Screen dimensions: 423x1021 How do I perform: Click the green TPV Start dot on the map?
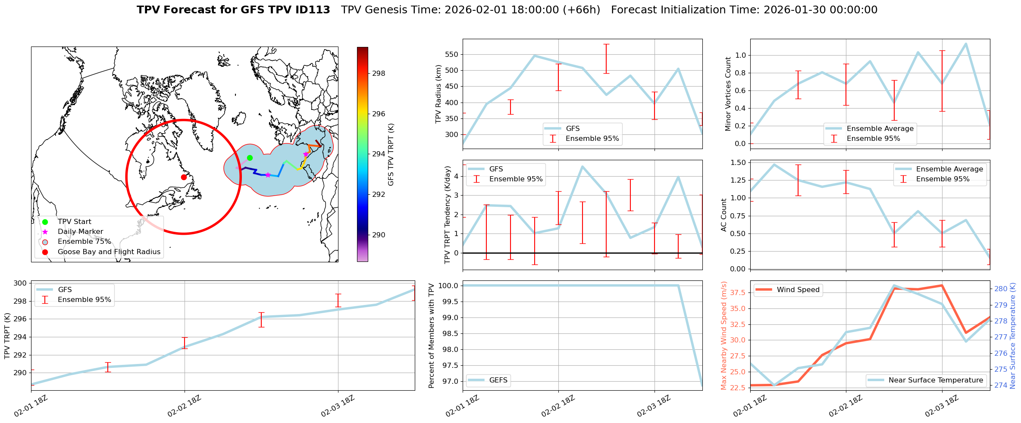click(x=250, y=158)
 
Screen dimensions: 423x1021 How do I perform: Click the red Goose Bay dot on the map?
click(x=184, y=177)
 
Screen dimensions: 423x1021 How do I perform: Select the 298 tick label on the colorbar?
click(x=379, y=73)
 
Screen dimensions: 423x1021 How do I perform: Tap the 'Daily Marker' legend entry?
click(x=80, y=232)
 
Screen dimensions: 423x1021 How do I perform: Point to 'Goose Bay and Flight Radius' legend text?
click(x=109, y=252)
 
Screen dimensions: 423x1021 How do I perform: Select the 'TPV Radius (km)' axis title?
click(x=438, y=94)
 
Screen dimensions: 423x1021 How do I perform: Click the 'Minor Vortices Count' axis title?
click(x=728, y=94)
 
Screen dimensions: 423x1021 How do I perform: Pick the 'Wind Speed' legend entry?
click(x=798, y=290)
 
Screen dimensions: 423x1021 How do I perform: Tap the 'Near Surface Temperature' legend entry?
click(x=936, y=380)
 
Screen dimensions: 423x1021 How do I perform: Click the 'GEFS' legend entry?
click(x=498, y=380)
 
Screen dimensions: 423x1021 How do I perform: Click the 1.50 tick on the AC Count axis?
click(x=739, y=162)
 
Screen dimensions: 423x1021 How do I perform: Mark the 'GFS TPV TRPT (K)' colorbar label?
click(x=391, y=154)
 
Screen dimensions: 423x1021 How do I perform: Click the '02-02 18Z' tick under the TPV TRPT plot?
click(x=184, y=406)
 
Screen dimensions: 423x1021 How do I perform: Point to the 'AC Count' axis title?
click(x=724, y=215)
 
